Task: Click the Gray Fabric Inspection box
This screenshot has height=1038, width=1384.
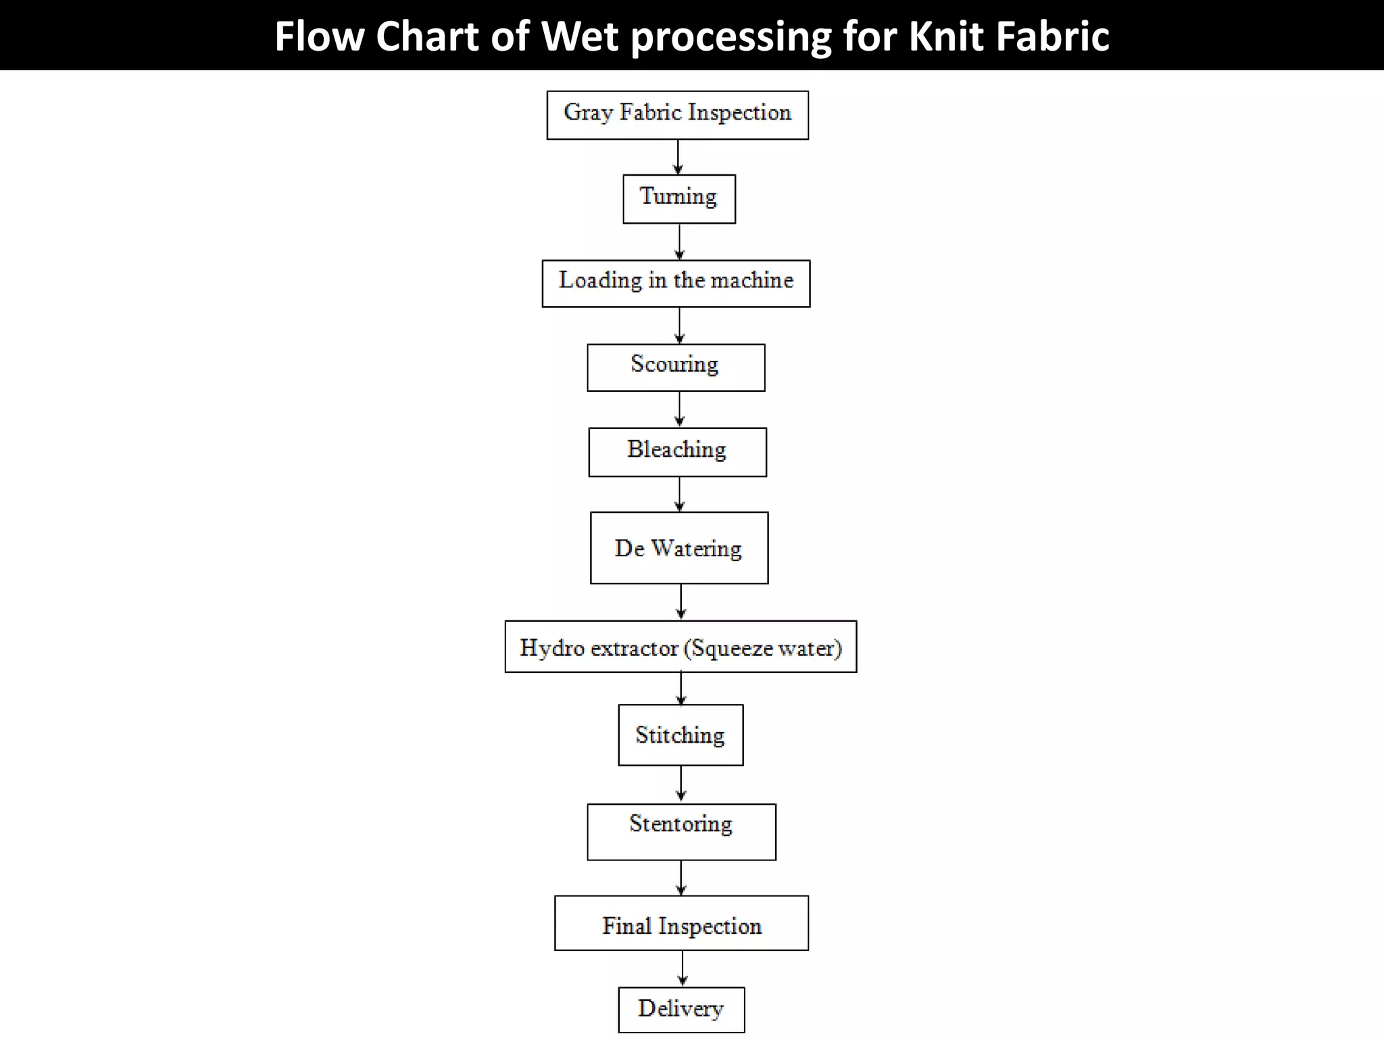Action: [x=677, y=115]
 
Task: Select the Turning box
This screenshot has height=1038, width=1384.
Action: [x=678, y=199]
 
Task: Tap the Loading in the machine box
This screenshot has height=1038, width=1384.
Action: [x=676, y=283]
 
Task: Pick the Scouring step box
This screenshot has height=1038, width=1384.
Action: [x=676, y=367]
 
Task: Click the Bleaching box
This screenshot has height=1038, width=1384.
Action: [x=677, y=451]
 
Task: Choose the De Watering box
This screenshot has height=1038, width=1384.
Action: [x=678, y=547]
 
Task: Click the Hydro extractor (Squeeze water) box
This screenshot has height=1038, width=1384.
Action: [x=681, y=647]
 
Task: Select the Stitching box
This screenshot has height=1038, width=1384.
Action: [x=681, y=735]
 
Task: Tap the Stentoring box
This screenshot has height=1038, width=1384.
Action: [x=681, y=831]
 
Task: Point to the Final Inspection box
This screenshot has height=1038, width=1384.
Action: [x=681, y=923]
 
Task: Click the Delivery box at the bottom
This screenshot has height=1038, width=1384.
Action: [x=681, y=1009]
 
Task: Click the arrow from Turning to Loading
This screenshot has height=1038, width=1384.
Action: [x=679, y=242]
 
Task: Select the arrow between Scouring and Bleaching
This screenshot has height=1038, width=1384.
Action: [x=679, y=410]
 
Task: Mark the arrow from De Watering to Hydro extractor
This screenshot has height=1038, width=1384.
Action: [x=681, y=602]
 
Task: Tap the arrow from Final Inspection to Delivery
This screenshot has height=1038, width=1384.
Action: [x=683, y=968]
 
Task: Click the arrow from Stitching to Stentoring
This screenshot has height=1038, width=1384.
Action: [x=681, y=784]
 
